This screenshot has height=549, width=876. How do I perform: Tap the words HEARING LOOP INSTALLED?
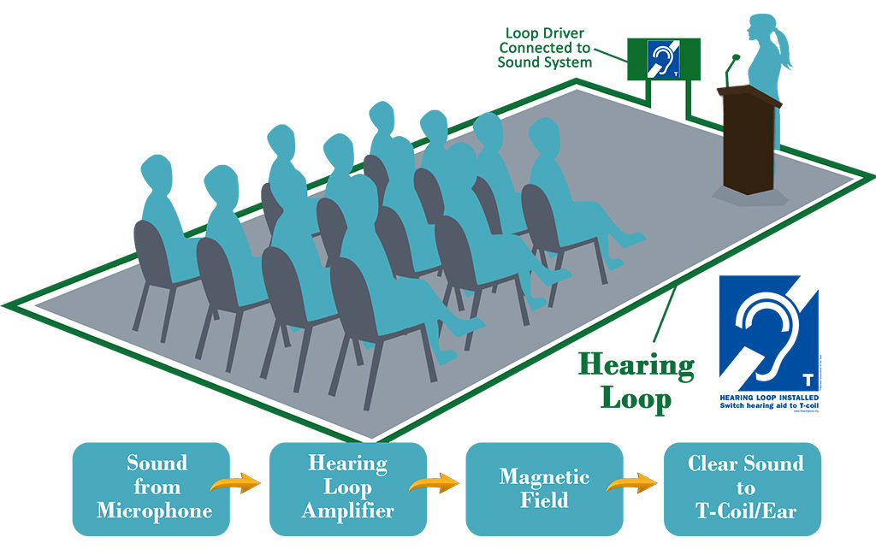coord(768,398)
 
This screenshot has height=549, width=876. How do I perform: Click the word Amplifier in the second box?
coord(347,511)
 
